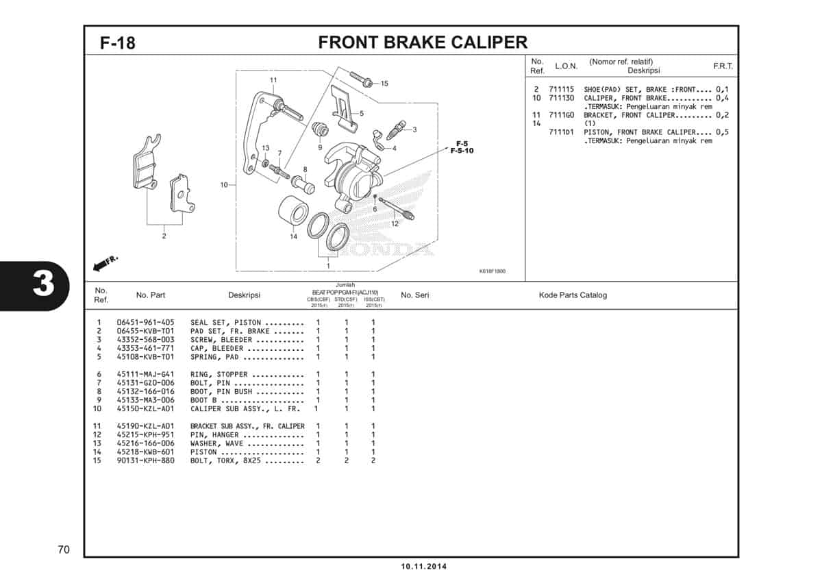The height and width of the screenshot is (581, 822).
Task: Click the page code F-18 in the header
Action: (x=118, y=43)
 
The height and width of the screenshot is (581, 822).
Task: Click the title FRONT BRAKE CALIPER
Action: (x=423, y=42)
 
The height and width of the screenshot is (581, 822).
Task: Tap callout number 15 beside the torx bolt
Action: (x=384, y=84)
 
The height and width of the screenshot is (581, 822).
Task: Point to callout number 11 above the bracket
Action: (x=273, y=80)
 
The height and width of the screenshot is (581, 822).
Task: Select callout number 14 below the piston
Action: (x=293, y=236)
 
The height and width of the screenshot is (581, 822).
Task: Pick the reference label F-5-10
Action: (x=462, y=150)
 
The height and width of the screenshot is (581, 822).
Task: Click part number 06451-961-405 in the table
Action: (x=145, y=322)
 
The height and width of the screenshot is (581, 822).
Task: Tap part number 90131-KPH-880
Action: (x=145, y=460)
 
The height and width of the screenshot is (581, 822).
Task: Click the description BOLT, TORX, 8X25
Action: (x=226, y=460)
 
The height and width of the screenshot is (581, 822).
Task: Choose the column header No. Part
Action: (x=151, y=295)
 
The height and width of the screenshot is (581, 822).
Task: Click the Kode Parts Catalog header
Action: (x=573, y=295)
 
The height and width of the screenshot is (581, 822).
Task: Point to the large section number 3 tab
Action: (x=42, y=284)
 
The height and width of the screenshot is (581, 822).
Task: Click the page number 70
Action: (x=64, y=549)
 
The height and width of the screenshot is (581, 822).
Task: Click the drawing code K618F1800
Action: (x=492, y=271)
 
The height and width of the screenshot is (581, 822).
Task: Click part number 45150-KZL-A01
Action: (x=145, y=408)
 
